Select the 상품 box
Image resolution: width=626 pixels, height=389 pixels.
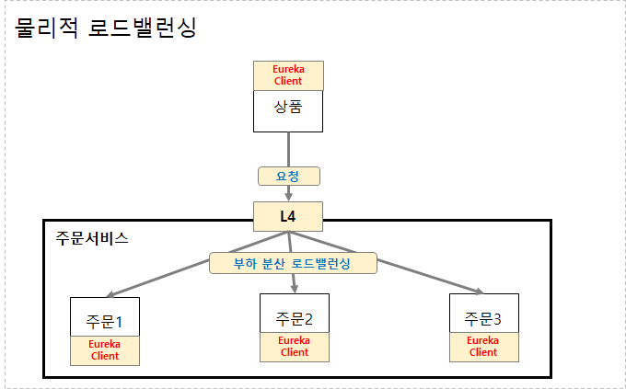[x=288, y=110]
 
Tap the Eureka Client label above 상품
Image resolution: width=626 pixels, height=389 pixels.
[x=288, y=75]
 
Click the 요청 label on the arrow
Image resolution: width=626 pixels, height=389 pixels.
[x=288, y=176]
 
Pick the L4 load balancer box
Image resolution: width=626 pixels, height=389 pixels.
[x=288, y=217]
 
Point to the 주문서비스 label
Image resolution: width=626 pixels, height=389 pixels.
[x=91, y=238]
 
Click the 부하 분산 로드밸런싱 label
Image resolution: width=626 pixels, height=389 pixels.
[x=294, y=263]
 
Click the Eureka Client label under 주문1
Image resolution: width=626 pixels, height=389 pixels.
[x=104, y=350]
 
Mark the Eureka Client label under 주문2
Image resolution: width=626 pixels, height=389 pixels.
[x=294, y=347]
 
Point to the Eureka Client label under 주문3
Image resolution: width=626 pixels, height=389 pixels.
[x=483, y=347]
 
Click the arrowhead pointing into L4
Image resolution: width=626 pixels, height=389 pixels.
[x=288, y=196]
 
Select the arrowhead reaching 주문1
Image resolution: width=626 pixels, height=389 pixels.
[x=109, y=295]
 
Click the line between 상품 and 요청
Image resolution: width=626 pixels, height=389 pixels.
[x=288, y=149]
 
